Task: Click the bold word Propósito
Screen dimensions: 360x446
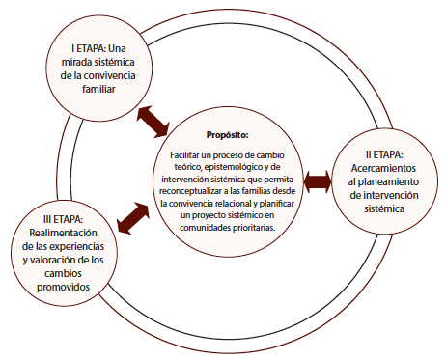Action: pos(228,134)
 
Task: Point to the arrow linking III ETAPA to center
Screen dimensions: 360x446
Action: pos(132,214)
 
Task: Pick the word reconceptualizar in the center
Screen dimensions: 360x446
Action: pos(199,191)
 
